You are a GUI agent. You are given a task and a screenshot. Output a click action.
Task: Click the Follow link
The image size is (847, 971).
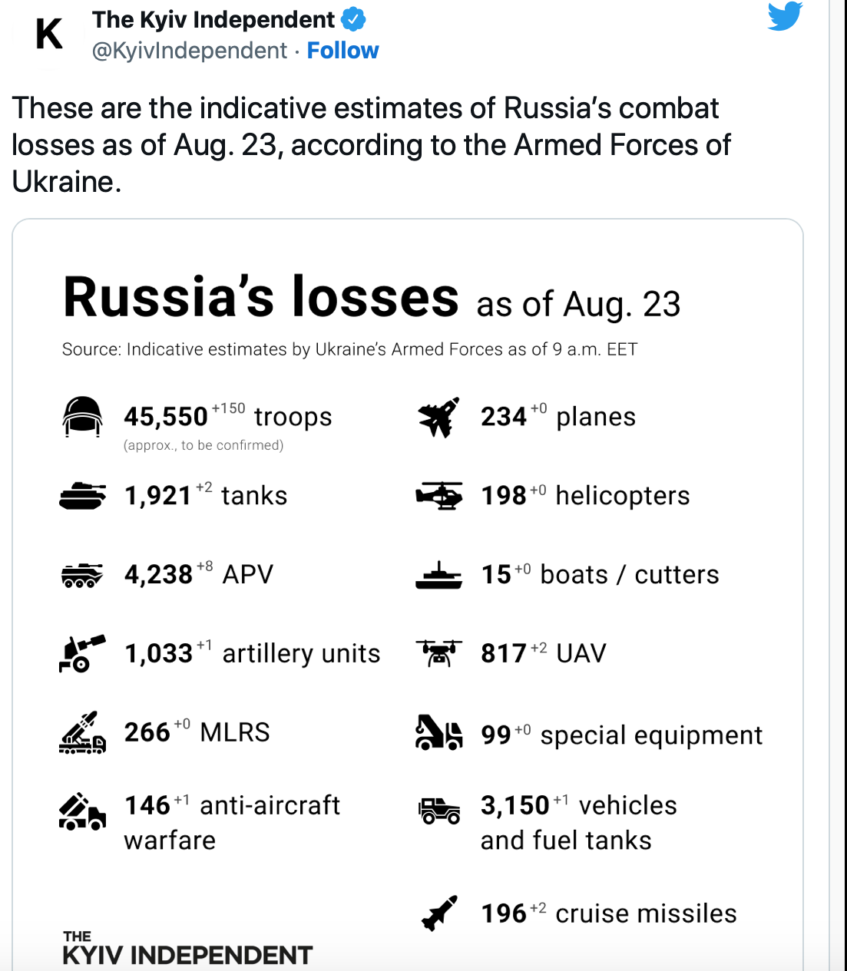(342, 51)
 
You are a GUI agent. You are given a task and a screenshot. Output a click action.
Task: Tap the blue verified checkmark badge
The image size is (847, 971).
(353, 19)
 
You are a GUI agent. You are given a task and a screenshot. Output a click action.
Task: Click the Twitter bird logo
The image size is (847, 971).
(785, 16)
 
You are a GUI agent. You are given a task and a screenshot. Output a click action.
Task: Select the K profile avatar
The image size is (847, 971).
(49, 35)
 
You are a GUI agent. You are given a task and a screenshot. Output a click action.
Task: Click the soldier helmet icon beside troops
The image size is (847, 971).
(82, 417)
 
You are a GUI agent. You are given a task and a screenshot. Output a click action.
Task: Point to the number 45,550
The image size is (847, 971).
(166, 417)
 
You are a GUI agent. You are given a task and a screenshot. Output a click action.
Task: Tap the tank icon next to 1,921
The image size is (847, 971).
(82, 496)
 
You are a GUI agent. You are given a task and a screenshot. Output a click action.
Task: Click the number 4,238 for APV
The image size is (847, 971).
(158, 575)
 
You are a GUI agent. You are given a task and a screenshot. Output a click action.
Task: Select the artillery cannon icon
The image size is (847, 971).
(82, 653)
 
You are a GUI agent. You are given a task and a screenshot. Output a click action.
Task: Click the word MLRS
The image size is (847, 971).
(235, 732)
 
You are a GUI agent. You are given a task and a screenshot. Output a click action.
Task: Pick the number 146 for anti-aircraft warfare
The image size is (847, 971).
(147, 805)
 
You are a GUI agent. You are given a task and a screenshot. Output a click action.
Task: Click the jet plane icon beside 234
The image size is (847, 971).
(438, 417)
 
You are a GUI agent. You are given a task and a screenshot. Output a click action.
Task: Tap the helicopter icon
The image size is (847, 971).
(438, 496)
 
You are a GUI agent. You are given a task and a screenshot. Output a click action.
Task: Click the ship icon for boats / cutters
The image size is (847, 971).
(438, 575)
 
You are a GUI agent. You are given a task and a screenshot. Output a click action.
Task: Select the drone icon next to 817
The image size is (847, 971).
(438, 653)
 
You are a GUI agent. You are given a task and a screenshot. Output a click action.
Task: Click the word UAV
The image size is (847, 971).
(581, 653)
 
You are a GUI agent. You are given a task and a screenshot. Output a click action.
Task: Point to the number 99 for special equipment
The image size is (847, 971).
(496, 735)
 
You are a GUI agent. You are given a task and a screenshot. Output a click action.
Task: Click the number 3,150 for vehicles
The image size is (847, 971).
(514, 805)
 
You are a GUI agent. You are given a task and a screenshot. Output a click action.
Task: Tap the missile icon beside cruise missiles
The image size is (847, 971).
(439, 913)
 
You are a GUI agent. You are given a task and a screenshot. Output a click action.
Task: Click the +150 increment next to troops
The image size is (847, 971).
(228, 408)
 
